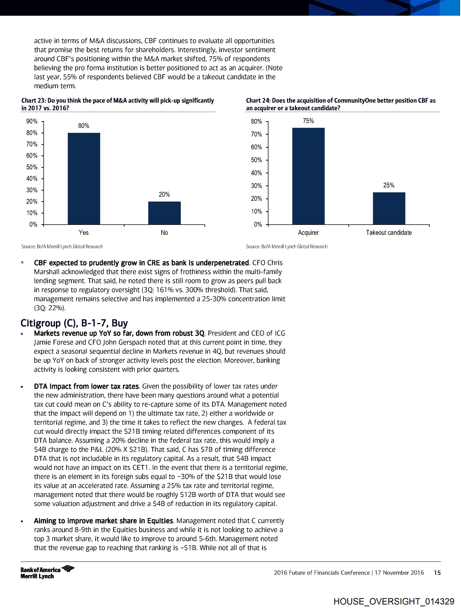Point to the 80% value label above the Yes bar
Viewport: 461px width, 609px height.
(x=84, y=126)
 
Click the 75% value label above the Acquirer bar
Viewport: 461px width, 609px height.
(x=308, y=121)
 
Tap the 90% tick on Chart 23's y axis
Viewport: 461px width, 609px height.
(x=32, y=121)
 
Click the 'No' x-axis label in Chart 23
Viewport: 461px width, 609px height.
(x=164, y=233)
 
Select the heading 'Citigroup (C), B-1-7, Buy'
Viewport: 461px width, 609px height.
(x=74, y=323)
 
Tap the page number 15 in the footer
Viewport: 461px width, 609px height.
(x=437, y=573)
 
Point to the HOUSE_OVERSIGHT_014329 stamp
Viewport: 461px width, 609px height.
(x=394, y=601)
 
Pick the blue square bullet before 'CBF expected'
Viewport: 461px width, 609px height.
(x=22, y=262)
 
